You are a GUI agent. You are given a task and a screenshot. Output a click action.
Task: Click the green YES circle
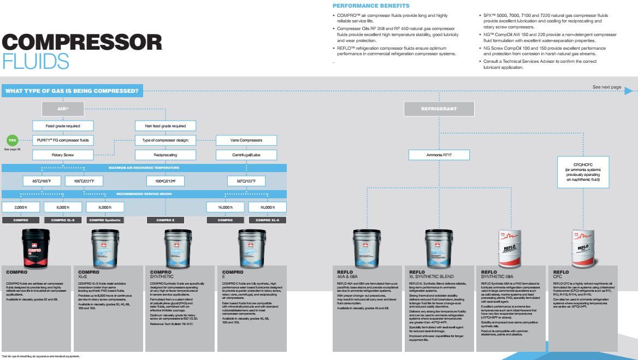click(12, 140)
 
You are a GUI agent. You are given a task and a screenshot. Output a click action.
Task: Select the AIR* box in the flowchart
click(63, 109)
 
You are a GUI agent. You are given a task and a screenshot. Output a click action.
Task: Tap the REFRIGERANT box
click(439, 109)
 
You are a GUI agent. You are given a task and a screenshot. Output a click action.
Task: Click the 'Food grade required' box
click(63, 126)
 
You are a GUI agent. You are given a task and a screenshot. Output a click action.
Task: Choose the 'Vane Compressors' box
click(246, 140)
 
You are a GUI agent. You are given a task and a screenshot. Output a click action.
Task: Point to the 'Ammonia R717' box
click(438, 155)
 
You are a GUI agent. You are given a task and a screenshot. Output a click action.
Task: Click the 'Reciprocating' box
click(166, 155)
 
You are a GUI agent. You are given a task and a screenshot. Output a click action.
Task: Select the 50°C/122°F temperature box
click(246, 181)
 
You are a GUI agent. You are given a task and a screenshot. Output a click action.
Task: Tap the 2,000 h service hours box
click(21, 207)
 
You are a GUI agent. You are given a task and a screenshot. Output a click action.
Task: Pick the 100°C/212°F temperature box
click(166, 181)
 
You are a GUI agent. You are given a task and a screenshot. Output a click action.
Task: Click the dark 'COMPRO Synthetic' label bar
click(104, 220)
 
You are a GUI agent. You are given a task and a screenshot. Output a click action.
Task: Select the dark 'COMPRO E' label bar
click(166, 220)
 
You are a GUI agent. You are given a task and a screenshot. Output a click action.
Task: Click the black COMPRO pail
click(36, 246)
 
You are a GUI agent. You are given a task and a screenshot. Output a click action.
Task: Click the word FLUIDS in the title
click(36, 62)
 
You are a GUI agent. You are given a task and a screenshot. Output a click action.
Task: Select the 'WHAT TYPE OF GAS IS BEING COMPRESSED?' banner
click(72, 90)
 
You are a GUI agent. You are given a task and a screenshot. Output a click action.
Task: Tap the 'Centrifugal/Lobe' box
click(246, 155)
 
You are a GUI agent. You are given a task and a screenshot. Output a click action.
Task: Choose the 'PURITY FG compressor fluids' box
click(63, 140)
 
